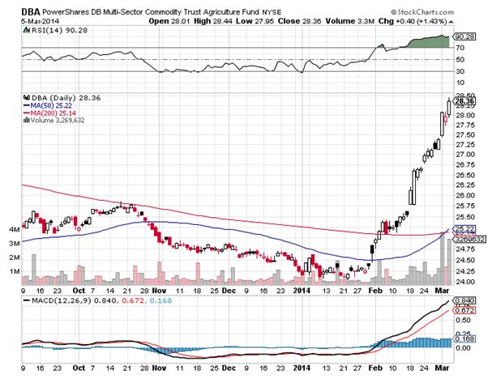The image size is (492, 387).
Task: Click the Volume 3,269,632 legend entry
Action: point(57,121)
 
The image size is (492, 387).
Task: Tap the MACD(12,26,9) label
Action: point(53,302)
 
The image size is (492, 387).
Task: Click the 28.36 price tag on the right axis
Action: point(464,101)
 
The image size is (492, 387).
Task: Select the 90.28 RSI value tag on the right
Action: point(464,36)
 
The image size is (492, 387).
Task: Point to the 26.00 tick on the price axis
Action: point(463,195)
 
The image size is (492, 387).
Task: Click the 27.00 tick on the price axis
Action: point(463,155)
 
